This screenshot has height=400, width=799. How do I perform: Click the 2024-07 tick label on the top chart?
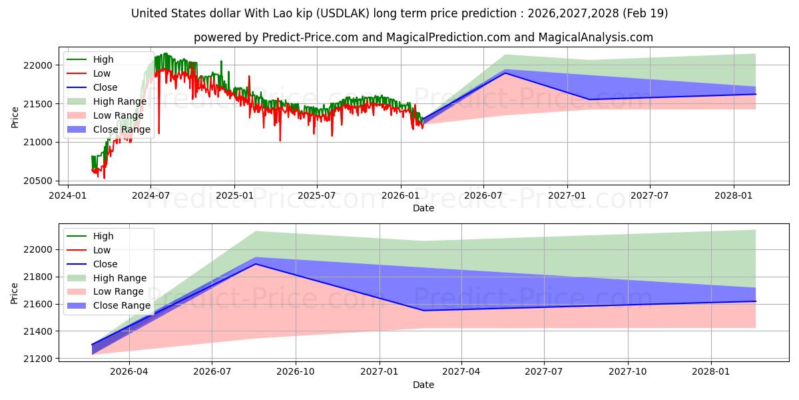150,196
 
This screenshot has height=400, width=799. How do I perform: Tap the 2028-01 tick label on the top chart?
734,196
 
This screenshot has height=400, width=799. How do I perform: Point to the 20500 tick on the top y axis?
38,181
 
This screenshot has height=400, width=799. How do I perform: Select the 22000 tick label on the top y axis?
38,65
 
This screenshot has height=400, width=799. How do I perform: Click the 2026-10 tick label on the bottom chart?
296,372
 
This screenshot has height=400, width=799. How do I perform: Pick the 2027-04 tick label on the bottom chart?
461,372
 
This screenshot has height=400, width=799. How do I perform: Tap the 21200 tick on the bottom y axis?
38,359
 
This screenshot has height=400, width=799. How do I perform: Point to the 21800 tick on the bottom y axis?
38,277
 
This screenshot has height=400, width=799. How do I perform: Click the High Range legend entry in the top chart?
107,101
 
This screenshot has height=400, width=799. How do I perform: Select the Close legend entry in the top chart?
92,87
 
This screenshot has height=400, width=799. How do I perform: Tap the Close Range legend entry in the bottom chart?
109,306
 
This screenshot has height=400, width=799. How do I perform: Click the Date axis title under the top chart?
423,208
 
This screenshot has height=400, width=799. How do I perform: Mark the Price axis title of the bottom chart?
14,293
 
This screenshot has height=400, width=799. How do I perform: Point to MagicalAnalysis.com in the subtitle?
596,37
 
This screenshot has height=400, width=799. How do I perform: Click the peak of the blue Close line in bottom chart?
256,264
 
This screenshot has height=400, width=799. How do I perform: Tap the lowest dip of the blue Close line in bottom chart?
423,311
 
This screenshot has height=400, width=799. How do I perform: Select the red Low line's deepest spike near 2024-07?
158,133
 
